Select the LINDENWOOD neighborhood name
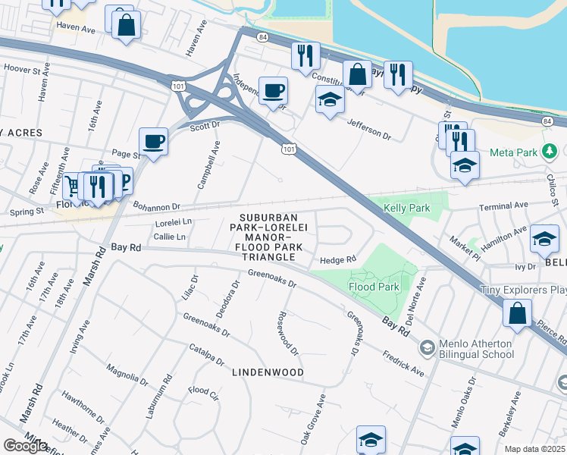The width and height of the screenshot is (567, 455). [268, 372]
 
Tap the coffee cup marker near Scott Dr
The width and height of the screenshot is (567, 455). [154, 141]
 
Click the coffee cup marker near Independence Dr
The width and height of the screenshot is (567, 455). [273, 91]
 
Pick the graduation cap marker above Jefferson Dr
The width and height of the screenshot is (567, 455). [329, 99]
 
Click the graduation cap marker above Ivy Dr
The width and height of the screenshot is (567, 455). [544, 240]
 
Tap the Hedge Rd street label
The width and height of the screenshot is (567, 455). [338, 259]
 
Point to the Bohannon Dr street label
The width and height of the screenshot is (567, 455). [157, 206]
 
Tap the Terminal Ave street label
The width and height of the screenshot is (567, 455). [503, 205]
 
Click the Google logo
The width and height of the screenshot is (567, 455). [25, 446]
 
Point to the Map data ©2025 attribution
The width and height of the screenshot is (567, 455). [534, 449]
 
